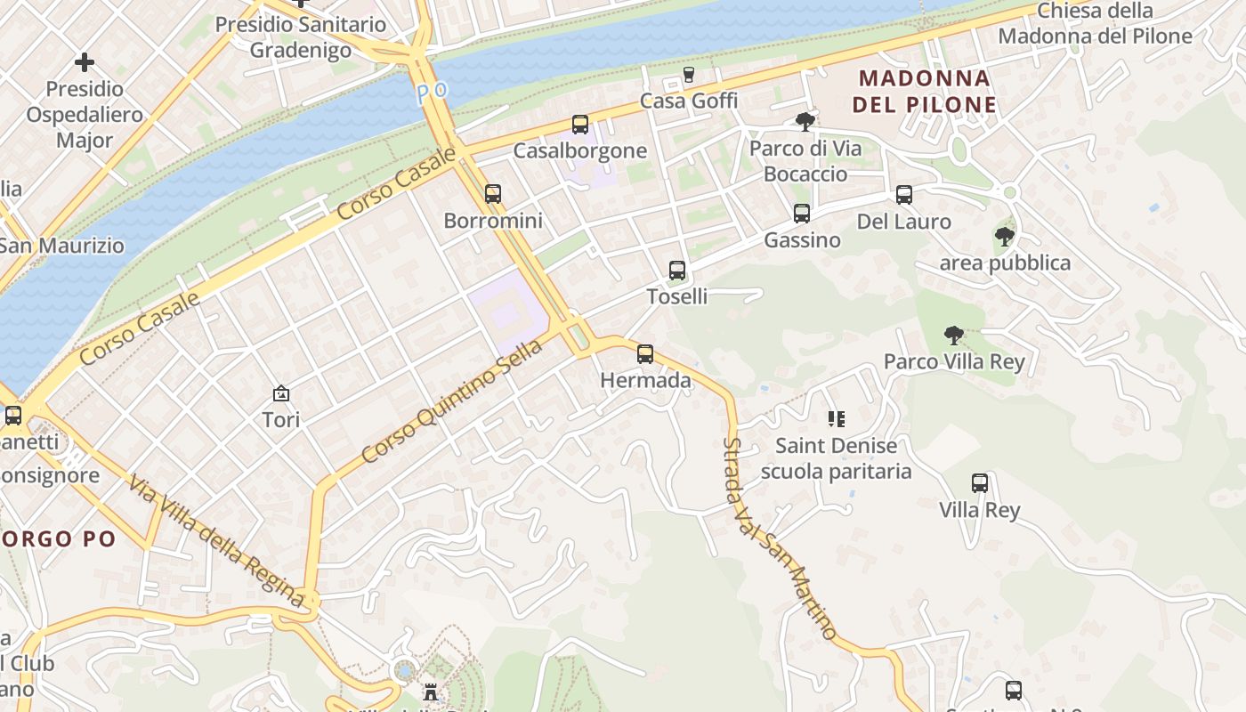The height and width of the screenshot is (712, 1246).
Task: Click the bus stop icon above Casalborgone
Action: pos(580,125)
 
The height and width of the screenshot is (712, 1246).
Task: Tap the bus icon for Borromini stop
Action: pos(493,194)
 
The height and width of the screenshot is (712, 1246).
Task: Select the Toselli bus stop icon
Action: pos(677,271)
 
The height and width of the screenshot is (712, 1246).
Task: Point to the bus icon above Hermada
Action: pos(645,354)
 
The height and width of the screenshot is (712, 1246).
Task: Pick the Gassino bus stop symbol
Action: pos(802,214)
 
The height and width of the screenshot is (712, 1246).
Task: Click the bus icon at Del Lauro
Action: pos(904,195)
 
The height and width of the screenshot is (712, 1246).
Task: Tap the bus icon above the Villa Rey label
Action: pos(980,483)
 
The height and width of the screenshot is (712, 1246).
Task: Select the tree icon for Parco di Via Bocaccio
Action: pos(805,122)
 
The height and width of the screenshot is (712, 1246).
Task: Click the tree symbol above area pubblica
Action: pos(1005,237)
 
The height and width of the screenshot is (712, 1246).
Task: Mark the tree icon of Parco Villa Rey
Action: pos(954,336)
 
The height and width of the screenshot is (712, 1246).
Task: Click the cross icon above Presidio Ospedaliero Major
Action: pos(85,62)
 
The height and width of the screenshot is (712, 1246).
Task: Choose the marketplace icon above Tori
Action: pos(281,392)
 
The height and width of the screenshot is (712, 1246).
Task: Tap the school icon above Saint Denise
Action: pos(836,418)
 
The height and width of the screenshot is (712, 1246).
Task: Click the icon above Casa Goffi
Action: pos(688,75)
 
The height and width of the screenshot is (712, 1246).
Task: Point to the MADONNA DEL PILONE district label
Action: pos(925,92)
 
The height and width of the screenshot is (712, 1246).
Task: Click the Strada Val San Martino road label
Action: pos(779,538)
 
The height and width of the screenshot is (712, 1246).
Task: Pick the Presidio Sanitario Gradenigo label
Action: pos(301,36)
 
